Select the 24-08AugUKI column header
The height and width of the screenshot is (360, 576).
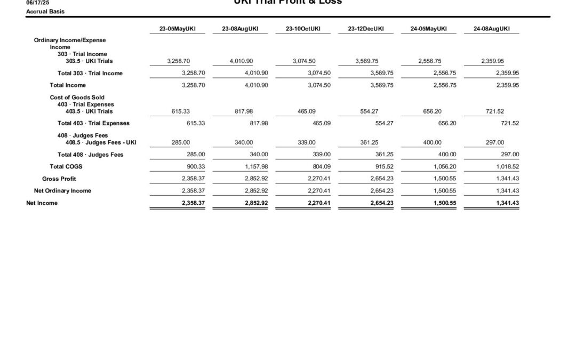[491, 29]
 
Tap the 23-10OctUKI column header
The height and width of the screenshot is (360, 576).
[303, 29]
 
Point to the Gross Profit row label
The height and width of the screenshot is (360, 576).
[59, 179]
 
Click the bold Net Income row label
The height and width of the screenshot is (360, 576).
[42, 203]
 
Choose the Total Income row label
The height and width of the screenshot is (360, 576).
[68, 85]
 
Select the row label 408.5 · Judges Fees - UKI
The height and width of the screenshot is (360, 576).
[97, 142]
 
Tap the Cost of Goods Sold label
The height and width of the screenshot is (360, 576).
[77, 98]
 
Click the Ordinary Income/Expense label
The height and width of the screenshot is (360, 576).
[70, 41]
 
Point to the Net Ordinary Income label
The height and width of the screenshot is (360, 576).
[62, 191]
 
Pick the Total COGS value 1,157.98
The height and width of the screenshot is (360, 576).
[256, 166]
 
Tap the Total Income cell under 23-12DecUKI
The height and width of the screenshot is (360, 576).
[382, 85]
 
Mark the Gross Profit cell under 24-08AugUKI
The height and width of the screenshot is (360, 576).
[507, 179]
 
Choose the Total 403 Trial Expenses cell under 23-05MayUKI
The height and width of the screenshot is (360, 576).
[194, 123]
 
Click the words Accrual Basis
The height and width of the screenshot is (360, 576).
[45, 11]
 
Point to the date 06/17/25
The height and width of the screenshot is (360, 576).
[37, 3]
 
